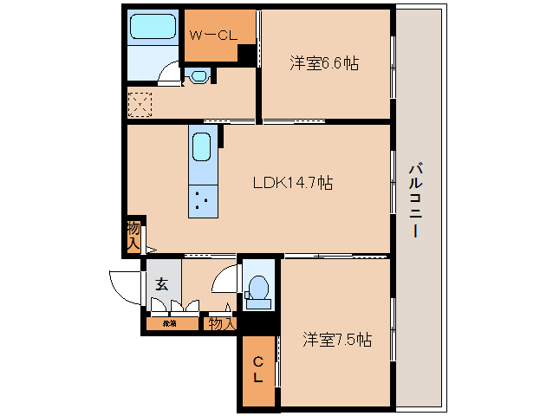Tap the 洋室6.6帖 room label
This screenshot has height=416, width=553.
pos(324,62)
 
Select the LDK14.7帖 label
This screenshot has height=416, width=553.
pos(293,183)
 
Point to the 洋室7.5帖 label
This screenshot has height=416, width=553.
pos(337,339)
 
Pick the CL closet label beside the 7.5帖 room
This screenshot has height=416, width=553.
pos(258,370)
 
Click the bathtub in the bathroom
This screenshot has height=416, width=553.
pos(153,29)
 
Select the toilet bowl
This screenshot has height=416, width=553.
pos(258,289)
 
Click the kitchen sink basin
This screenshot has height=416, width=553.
pos(201,146)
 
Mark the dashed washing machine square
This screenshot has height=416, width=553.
pos(139,103)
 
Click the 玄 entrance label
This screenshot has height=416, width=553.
pos(161,283)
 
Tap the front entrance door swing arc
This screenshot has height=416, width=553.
pos(121,284)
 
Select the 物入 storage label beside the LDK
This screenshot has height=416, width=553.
pos(133,235)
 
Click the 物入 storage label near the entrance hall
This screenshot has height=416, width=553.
pos(220,323)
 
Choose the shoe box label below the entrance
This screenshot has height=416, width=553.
pos(168,323)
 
